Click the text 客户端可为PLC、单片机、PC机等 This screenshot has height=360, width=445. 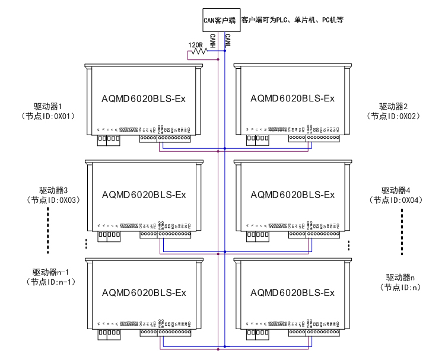click(x=292, y=20)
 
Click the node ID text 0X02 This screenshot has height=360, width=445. click(x=408, y=116)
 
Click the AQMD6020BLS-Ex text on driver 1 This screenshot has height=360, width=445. click(x=144, y=98)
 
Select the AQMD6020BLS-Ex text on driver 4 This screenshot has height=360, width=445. click(x=293, y=195)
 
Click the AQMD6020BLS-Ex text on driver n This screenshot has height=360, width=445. click(x=293, y=292)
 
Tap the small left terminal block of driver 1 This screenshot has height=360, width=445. click(x=109, y=140)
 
